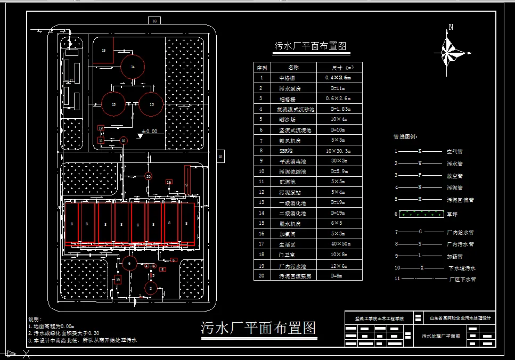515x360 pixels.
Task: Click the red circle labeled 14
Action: (x=132, y=67)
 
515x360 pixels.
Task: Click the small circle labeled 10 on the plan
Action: (x=123, y=141)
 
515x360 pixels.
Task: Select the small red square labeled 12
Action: (x=101, y=128)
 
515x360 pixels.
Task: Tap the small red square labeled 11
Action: (x=101, y=141)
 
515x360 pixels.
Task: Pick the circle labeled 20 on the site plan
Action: (x=149, y=176)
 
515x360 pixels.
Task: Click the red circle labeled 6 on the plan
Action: (x=128, y=262)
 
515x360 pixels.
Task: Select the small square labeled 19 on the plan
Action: (x=118, y=279)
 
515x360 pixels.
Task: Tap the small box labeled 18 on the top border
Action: (x=154, y=21)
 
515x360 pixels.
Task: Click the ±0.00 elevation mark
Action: (x=149, y=131)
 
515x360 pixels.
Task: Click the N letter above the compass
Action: (x=451, y=27)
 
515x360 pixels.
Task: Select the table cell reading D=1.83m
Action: (x=339, y=109)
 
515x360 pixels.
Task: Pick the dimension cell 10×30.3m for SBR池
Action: (x=339, y=151)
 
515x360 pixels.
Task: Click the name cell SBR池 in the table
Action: (x=293, y=151)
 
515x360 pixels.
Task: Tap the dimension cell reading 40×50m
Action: (x=339, y=244)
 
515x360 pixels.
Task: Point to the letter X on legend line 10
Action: (x=422, y=268)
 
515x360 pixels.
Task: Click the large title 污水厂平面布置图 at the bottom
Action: (x=258, y=328)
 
